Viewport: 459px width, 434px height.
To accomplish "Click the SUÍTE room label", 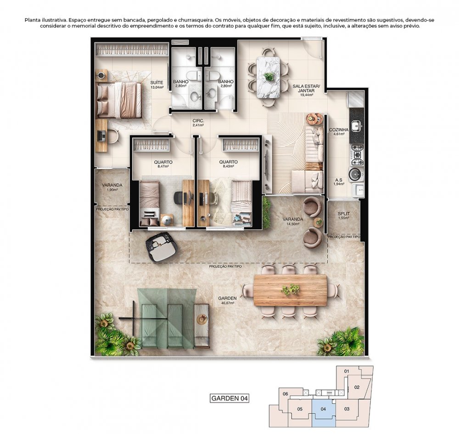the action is [x=157, y=83].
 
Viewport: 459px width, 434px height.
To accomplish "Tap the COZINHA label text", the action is [x=339, y=130].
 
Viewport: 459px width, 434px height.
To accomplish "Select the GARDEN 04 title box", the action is [x=229, y=398].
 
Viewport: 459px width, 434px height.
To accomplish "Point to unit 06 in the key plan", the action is [x=285, y=394].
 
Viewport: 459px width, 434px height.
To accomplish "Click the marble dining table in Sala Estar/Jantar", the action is [x=268, y=77].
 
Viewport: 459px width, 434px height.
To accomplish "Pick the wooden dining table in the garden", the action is [x=290, y=290].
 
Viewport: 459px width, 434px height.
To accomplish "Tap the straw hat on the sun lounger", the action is [x=202, y=319].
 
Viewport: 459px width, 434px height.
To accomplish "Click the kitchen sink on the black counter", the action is [x=357, y=126].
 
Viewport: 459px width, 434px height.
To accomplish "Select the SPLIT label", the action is [x=344, y=214].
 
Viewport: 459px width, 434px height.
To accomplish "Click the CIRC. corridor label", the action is [x=198, y=121].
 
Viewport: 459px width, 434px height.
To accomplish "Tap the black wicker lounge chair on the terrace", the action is [x=162, y=247].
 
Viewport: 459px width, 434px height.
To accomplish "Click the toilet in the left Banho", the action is [x=193, y=76].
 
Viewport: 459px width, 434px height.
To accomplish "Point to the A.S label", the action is [x=339, y=180].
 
